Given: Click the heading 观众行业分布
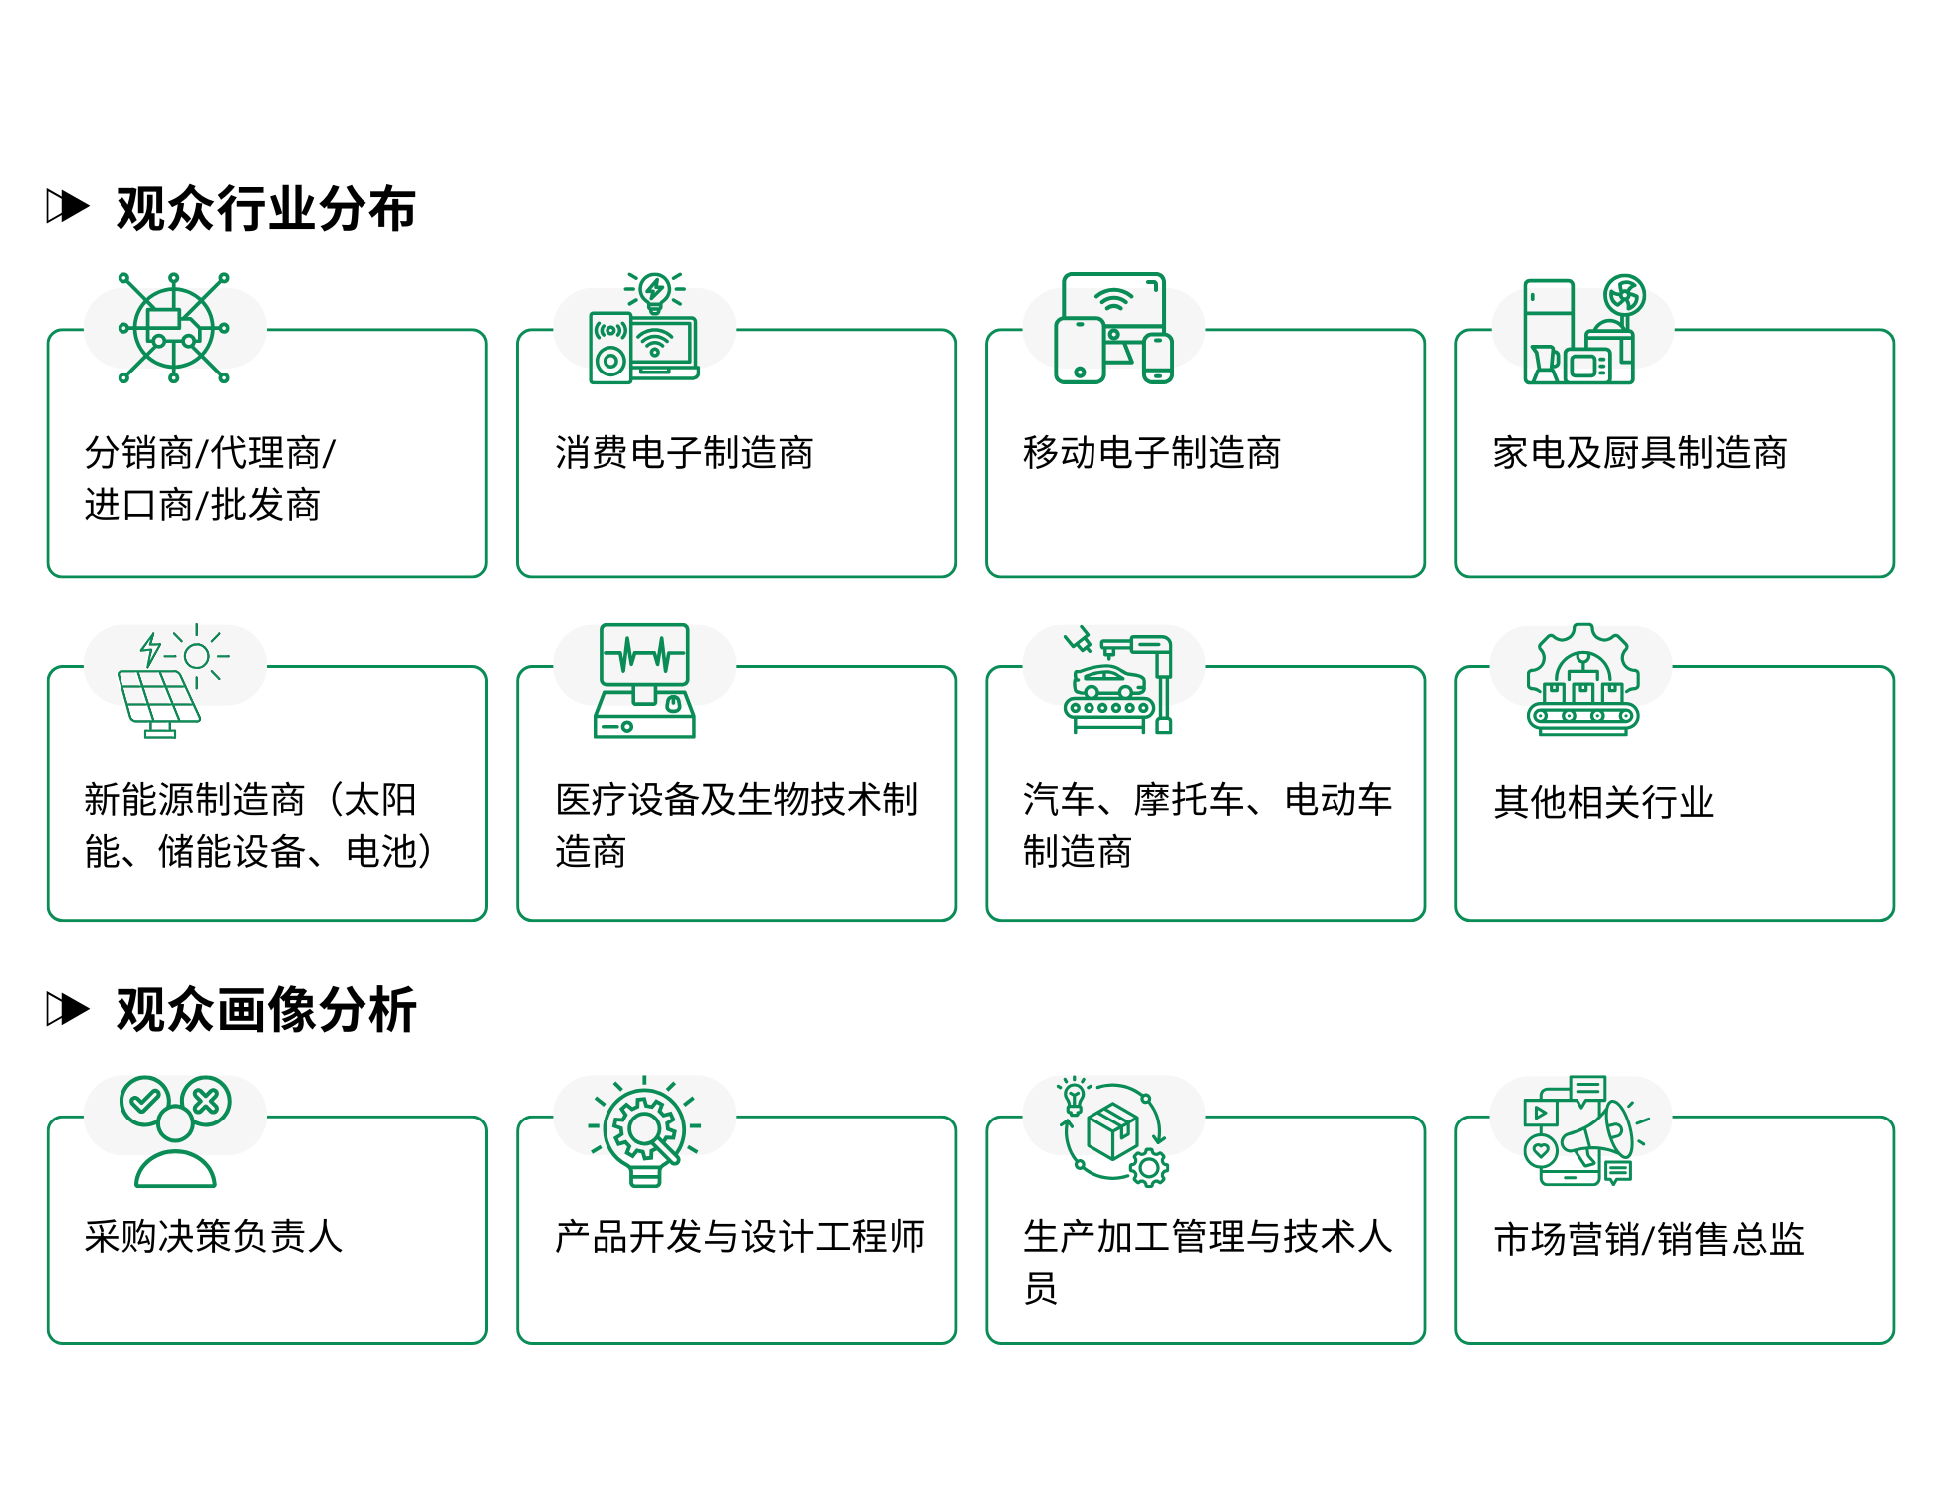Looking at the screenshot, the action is [266, 209].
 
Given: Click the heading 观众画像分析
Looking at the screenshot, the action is [266, 1010].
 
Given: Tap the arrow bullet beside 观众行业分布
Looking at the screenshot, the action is [68, 207].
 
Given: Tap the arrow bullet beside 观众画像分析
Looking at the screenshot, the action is [68, 1009].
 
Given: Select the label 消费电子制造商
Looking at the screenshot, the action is [684, 453].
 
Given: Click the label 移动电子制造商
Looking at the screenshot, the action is [1152, 453].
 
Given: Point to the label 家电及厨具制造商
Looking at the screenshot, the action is [1640, 453].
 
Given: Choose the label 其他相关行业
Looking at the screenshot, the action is [1603, 802].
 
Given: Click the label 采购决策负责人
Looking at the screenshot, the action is [214, 1236].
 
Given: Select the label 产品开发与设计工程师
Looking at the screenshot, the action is [740, 1236].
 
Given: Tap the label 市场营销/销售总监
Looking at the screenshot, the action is [1649, 1239].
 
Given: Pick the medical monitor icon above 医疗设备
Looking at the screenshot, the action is [644, 681].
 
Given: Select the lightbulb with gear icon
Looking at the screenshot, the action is [644, 1130].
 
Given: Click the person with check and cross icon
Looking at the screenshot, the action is [175, 1131].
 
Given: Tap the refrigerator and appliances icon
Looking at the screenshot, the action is [1584, 329].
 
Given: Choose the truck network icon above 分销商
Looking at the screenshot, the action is [174, 328].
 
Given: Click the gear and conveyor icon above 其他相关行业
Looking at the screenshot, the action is [1583, 680].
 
